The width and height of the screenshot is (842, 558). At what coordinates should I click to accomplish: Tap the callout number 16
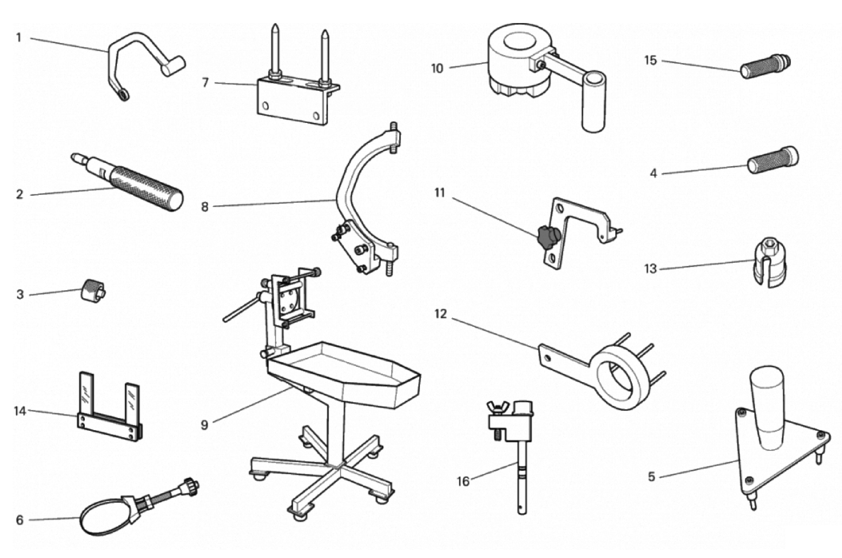(463, 482)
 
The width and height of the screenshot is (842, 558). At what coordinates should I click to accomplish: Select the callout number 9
(204, 425)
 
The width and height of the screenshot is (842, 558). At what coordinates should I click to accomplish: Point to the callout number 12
(440, 314)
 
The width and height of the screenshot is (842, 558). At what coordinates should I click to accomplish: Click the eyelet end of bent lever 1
(123, 95)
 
